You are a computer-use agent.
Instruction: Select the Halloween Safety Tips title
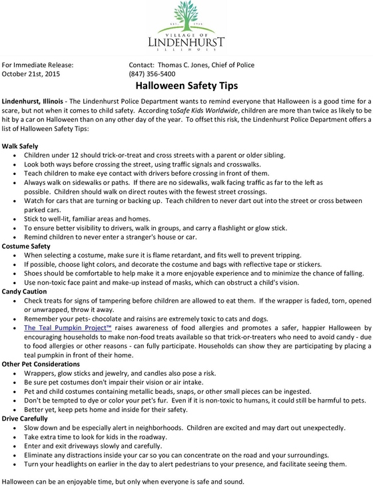(x=186, y=86)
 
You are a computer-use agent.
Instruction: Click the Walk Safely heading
(x=20, y=145)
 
